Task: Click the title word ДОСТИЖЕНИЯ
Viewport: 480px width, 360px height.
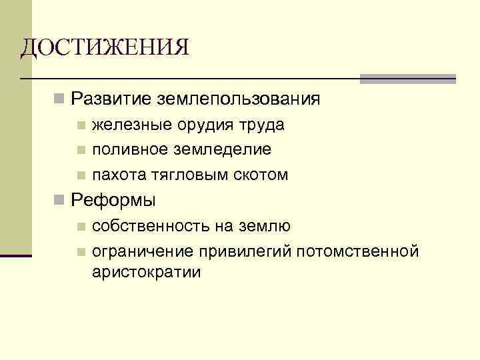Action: tap(105, 48)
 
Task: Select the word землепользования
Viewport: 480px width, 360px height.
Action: tap(239, 99)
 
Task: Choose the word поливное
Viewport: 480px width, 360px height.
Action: tap(130, 149)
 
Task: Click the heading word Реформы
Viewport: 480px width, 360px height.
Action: tap(113, 199)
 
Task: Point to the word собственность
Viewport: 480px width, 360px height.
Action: tap(150, 226)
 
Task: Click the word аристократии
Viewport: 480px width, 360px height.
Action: tap(147, 272)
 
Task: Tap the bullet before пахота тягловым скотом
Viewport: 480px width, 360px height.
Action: tap(80, 176)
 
